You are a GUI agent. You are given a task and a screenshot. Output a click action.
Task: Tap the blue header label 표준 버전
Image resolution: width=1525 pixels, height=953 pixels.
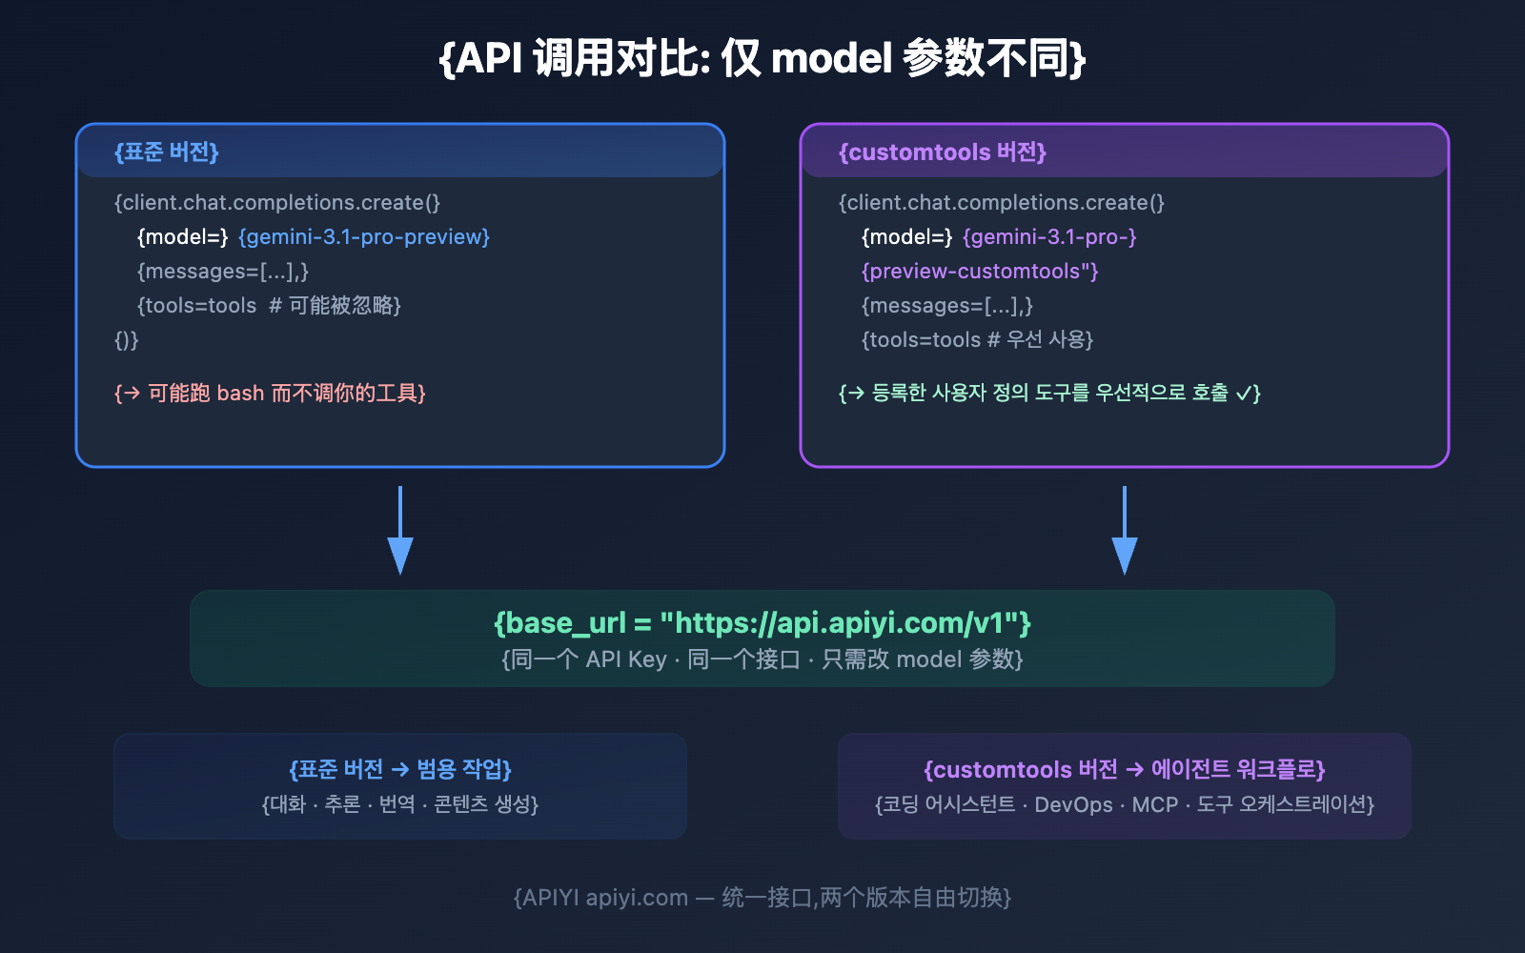coord(167,152)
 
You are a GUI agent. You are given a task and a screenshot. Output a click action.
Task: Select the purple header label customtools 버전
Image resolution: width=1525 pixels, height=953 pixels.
coord(942,152)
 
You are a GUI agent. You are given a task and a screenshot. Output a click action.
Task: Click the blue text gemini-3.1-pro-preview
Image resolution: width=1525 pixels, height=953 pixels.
coord(363,237)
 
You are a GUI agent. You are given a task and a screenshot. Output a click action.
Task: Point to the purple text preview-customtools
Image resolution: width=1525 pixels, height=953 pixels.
coord(979,272)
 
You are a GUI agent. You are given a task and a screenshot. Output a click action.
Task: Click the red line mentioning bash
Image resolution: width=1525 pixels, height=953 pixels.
coord(270,394)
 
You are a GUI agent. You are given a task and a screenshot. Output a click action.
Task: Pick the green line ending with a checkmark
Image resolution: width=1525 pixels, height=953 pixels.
coord(1049,394)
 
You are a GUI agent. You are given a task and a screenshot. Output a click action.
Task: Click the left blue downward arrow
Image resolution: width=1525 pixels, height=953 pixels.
coord(400,534)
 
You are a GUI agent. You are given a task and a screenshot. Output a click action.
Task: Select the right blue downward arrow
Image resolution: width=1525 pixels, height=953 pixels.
coord(1125,534)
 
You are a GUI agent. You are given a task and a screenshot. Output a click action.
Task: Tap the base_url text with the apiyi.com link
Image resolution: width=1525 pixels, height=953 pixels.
coord(762,623)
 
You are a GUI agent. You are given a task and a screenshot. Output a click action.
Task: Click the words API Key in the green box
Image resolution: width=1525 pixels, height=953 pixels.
coord(626,659)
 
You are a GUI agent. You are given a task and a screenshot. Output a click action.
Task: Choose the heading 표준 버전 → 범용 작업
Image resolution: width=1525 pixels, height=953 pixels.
coord(400,770)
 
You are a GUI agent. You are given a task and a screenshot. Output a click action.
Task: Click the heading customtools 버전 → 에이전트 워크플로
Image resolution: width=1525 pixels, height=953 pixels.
coord(1125,770)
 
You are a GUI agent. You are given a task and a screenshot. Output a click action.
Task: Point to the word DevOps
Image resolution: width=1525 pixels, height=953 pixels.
coord(1073,805)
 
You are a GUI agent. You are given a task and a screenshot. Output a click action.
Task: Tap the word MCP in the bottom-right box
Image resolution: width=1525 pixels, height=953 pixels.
coord(1155,805)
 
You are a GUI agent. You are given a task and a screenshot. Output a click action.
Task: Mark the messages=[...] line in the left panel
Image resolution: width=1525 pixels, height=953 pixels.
coord(223,272)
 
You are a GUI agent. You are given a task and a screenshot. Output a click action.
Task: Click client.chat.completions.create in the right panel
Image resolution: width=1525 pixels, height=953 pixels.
coord(1001,203)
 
